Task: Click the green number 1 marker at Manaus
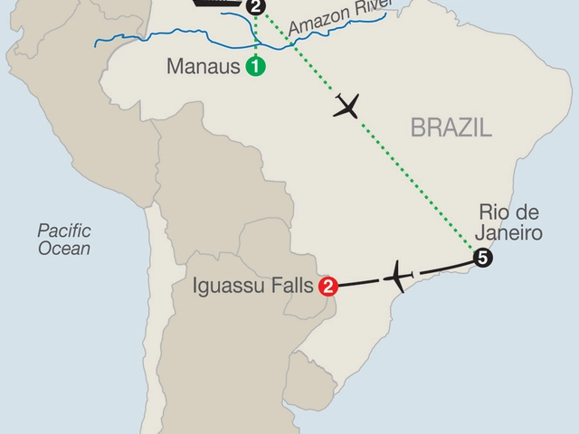(x=256, y=66)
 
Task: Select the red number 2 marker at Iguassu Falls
(x=329, y=287)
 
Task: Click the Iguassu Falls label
(x=254, y=287)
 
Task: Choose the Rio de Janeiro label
(x=511, y=223)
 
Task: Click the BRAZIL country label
(x=451, y=127)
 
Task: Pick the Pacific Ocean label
(x=63, y=239)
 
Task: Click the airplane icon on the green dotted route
(x=347, y=106)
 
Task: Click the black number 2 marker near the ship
(x=257, y=8)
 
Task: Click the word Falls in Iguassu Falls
(x=290, y=287)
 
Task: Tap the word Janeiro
(x=511, y=233)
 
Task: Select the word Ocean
(x=63, y=249)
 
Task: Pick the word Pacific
(x=63, y=230)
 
